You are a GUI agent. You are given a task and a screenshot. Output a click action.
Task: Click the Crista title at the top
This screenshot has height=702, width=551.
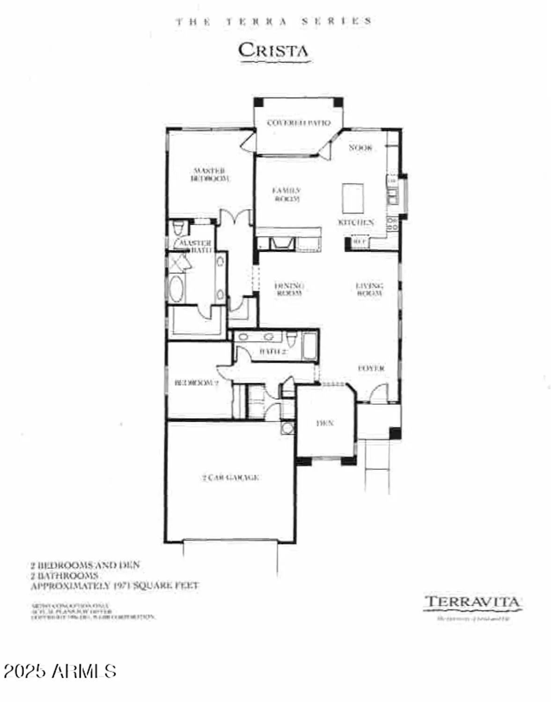(273, 51)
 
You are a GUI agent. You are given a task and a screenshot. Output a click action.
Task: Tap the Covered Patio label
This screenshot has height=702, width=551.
(299, 123)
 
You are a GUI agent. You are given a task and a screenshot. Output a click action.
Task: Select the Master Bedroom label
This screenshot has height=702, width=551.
(210, 175)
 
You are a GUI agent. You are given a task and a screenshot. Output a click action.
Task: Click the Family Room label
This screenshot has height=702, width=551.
(287, 195)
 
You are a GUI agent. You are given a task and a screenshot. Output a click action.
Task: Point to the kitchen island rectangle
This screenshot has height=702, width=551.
(353, 198)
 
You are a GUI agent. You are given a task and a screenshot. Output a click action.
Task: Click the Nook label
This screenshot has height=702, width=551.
(360, 148)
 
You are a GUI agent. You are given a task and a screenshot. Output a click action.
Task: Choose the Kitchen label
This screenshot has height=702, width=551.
(356, 223)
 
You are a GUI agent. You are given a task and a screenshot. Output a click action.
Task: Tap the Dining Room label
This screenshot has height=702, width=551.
(289, 289)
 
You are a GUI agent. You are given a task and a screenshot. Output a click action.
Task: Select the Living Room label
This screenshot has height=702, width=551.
(369, 289)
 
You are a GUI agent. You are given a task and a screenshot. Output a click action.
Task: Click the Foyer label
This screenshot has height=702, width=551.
(371, 369)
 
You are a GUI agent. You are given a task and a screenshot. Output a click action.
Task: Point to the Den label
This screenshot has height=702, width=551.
(325, 423)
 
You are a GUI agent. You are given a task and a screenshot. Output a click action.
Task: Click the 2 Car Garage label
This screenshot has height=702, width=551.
(230, 478)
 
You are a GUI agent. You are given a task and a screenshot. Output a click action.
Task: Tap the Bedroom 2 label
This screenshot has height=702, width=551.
(196, 383)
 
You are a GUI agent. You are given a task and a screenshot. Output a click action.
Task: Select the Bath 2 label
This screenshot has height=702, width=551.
(272, 351)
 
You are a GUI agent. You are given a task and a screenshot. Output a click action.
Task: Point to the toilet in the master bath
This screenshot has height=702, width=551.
(178, 229)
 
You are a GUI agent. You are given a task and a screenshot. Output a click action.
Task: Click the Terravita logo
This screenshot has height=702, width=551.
(472, 603)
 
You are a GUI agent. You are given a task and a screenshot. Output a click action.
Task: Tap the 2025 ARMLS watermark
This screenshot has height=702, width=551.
(59, 671)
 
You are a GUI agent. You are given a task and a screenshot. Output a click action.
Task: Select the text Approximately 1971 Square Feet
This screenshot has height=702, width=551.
(115, 586)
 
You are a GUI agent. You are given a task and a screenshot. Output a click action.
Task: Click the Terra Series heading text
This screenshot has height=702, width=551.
(274, 22)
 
